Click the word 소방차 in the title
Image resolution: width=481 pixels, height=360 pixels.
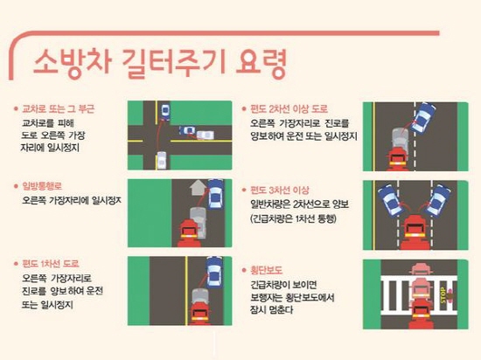point(72,63)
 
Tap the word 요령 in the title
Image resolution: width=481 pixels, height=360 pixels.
point(261,64)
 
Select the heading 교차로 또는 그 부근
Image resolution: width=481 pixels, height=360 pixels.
point(58,108)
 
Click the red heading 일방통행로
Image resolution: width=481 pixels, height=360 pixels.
point(42,186)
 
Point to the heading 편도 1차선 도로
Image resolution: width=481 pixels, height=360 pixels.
point(51,264)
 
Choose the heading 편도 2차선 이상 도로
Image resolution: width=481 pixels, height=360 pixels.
point(289,108)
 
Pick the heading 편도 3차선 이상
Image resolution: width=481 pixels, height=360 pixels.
point(280,190)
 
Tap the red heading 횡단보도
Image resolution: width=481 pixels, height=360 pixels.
point(266,270)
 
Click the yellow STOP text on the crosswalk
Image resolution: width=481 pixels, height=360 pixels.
point(443,295)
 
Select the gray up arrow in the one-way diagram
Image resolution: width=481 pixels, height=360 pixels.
point(198,187)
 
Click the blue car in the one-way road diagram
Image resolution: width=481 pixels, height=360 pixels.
point(216,194)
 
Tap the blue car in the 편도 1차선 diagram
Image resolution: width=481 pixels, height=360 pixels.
point(215,272)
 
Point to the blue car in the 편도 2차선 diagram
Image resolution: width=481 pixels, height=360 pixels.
point(423,117)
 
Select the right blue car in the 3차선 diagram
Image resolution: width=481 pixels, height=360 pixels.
point(438,200)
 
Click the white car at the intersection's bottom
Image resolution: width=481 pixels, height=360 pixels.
point(162,160)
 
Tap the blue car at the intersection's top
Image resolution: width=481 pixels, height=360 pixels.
point(165,112)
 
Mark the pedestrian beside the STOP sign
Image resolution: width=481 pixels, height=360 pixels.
point(450,295)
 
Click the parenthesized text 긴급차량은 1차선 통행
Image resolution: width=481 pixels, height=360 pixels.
point(293,218)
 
